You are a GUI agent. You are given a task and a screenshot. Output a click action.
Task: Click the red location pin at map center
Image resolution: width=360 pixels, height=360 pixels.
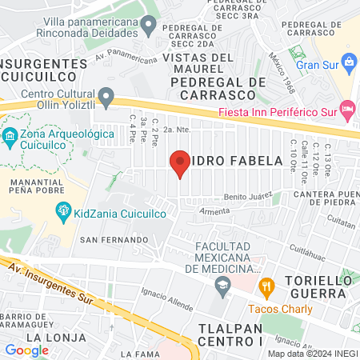point(180,162)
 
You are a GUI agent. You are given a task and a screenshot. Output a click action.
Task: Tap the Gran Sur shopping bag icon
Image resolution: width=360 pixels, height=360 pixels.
point(349,62)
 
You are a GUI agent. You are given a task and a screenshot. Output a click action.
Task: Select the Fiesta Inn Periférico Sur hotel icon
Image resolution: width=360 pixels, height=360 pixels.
point(347,108)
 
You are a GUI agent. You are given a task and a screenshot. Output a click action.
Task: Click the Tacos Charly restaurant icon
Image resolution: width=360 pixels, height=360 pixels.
point(267,285)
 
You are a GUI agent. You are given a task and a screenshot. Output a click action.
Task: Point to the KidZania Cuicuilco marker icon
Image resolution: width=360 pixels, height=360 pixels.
point(62,210)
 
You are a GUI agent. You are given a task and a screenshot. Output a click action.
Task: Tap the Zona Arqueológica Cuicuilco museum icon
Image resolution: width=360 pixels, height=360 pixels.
point(10,135)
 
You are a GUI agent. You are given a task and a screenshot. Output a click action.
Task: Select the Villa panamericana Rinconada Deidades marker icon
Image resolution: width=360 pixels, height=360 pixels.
point(147,27)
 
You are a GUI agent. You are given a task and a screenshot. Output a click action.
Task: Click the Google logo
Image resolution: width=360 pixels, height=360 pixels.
point(26,350)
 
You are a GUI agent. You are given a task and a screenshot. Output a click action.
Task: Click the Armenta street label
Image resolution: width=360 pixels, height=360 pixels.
point(214,211)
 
